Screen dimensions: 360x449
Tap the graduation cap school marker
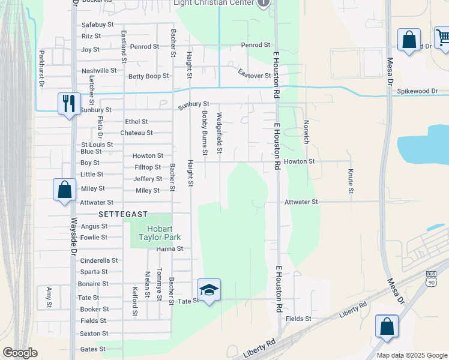pos(209,290)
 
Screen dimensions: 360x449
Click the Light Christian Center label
pos(214,2)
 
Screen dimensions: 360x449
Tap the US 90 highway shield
pos(432,280)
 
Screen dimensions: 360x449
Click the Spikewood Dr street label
pos(418,91)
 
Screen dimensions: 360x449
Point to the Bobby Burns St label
pos(205,133)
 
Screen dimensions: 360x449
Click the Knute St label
pos(350,181)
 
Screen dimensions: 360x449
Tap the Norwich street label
pos(306,131)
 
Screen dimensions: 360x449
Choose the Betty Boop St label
pos(149,76)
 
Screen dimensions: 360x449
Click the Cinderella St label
pos(99,260)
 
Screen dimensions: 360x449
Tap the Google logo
pos(20,353)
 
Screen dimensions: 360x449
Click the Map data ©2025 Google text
pos(411,355)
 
